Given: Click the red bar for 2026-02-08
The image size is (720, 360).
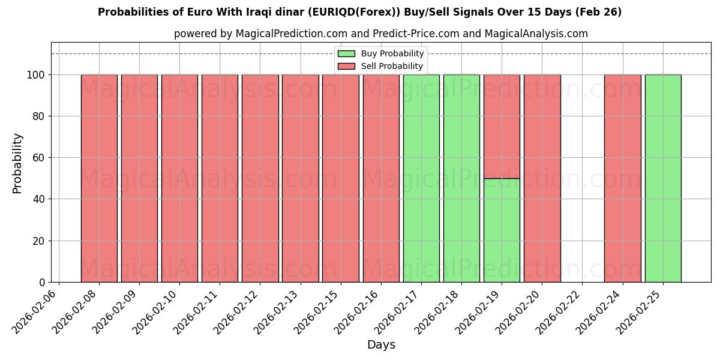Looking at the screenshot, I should pos(99,178).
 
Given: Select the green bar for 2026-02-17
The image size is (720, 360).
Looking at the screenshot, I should pos(421,178).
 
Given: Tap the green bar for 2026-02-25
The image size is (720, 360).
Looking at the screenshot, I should pos(663,178).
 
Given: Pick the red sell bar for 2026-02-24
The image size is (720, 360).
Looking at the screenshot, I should pos(622,178).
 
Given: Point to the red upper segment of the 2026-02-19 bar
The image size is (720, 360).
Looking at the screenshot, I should pos(502,127).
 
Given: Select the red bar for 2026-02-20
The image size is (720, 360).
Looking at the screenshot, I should pos(542,178).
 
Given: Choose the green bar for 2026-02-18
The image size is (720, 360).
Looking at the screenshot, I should pos(461,178).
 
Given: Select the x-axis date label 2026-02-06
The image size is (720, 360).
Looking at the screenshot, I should pos(36,311).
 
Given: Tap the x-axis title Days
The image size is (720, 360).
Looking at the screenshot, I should pos(381,345).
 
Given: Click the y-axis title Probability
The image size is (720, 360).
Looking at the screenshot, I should pos(17,163).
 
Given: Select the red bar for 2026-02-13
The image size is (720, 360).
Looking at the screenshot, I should pos(300,178).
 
